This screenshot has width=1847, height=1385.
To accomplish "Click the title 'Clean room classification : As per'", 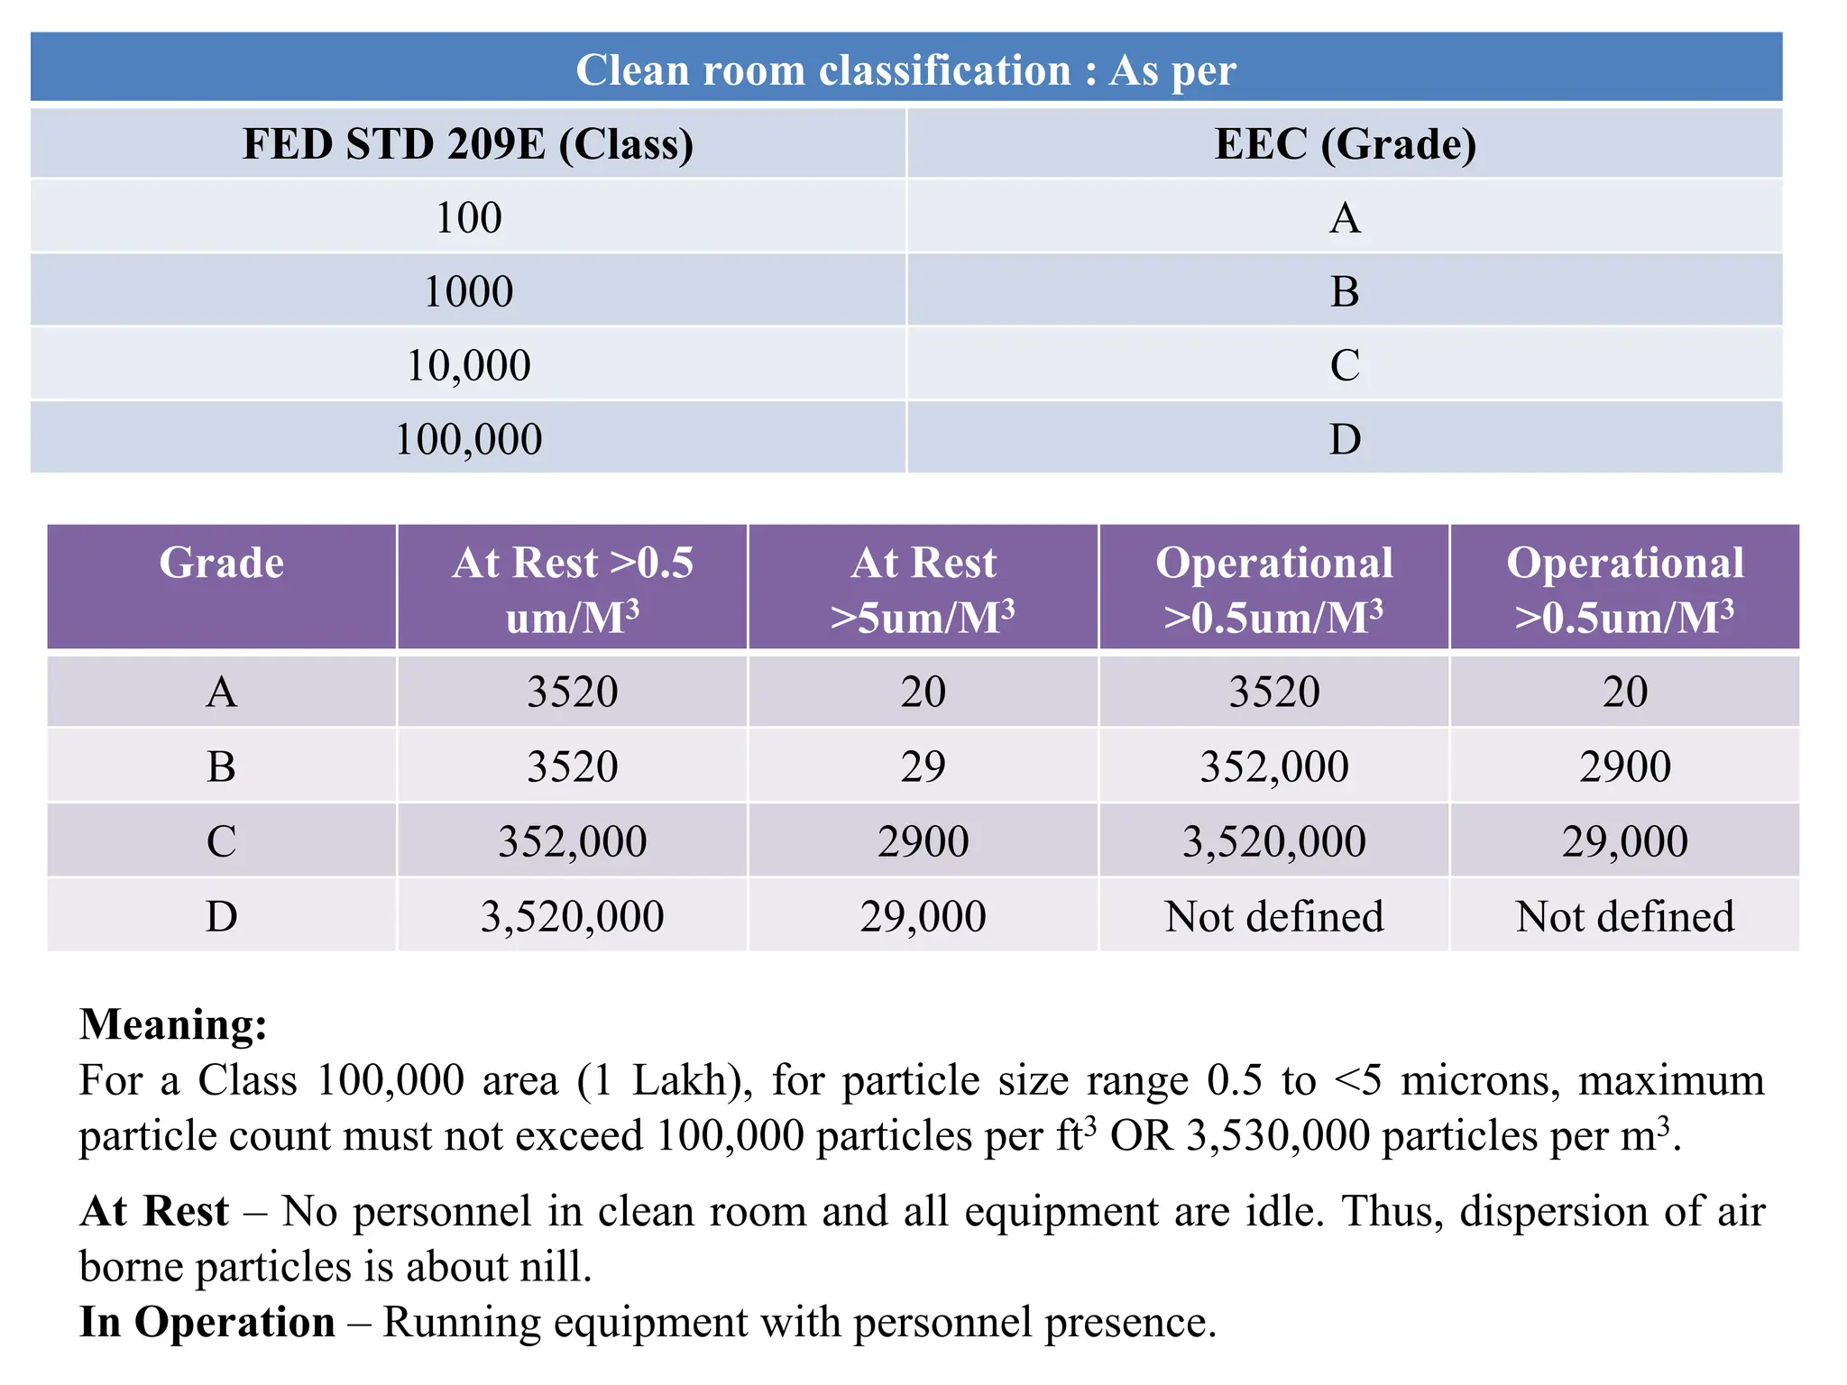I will pyautogui.click(x=905, y=69).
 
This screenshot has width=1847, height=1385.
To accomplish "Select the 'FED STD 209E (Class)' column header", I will pyautogui.click(x=468, y=144).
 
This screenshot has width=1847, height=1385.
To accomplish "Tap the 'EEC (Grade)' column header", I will pyautogui.click(x=1345, y=144).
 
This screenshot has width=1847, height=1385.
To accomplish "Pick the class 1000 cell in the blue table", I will pyautogui.click(x=468, y=291).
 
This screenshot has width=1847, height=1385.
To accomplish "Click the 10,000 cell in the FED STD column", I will pyautogui.click(x=468, y=365).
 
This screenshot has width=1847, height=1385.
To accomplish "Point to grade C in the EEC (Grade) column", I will pyautogui.click(x=1345, y=365).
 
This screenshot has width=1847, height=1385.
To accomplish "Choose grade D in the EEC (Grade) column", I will pyautogui.click(x=1345, y=439).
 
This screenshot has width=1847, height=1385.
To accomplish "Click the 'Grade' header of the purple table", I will pyautogui.click(x=222, y=563).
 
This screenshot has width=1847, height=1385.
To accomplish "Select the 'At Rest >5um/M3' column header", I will pyautogui.click(x=923, y=589).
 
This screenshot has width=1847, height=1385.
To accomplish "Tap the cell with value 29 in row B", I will pyautogui.click(x=923, y=766).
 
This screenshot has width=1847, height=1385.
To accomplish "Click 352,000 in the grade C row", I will pyautogui.click(x=573, y=841).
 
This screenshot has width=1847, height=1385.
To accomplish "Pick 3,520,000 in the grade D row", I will pyautogui.click(x=573, y=916).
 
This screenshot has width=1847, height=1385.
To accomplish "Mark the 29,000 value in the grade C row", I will pyautogui.click(x=1624, y=841).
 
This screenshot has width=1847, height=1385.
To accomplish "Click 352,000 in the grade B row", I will pyautogui.click(x=1273, y=766).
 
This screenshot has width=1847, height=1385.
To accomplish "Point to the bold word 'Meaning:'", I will pyautogui.click(x=173, y=1024).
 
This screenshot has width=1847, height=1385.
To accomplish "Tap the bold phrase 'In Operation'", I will pyautogui.click(x=207, y=1322).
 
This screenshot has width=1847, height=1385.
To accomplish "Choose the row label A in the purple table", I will pyautogui.click(x=222, y=692).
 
